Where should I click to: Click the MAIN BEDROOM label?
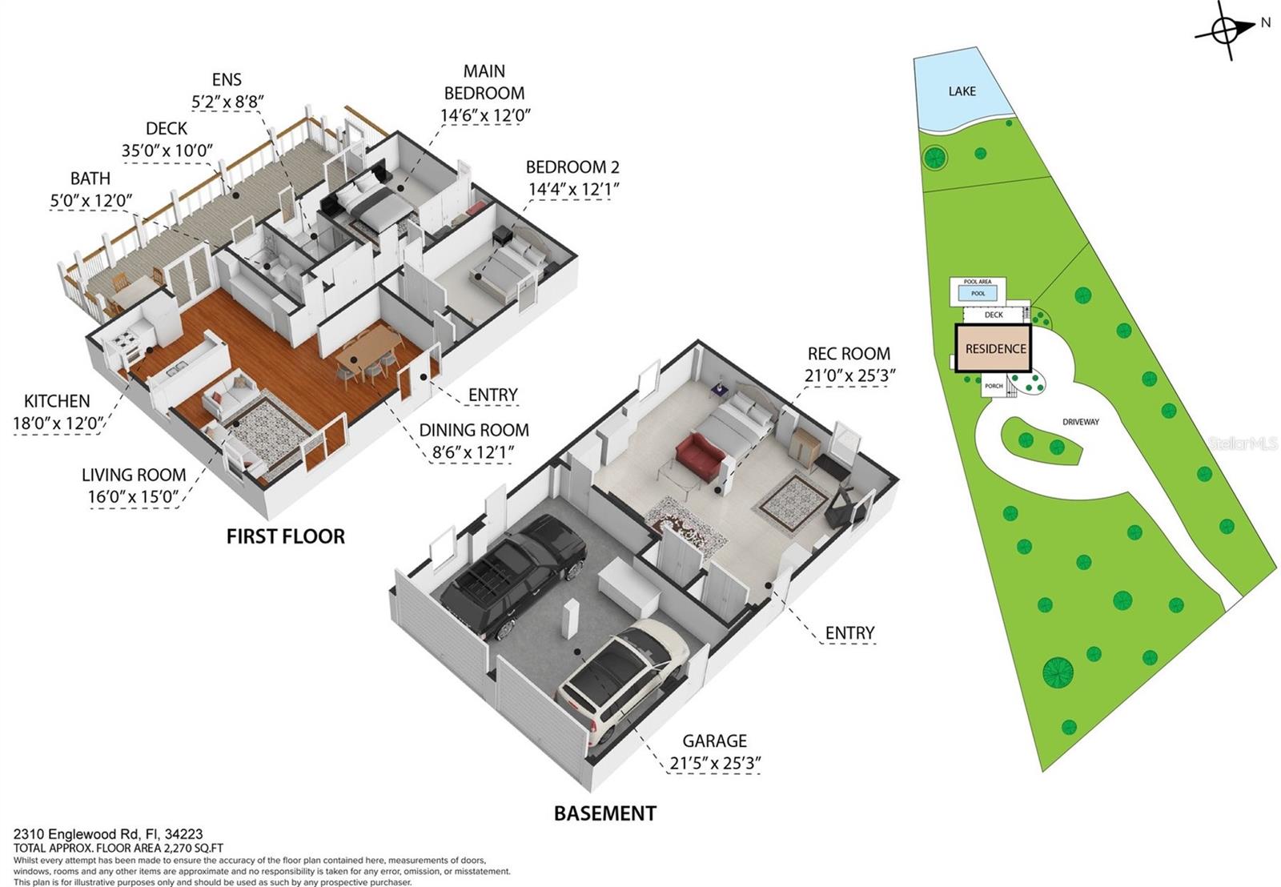point(484,82)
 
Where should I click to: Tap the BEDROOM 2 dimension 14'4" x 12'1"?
point(573,189)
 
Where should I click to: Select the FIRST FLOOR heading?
point(285,536)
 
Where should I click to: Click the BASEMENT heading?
point(604,813)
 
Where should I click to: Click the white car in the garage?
point(622,678)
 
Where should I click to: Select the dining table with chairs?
point(368,352)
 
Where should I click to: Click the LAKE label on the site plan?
point(962,91)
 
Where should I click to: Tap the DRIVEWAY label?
point(1080,422)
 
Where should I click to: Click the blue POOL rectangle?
point(978,294)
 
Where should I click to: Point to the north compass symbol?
point(1226,30)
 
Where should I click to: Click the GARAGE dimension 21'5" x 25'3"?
point(714,763)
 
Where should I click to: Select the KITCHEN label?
point(57,401)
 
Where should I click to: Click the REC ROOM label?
point(849,353)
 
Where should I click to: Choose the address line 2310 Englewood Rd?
point(108,834)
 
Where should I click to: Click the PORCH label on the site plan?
point(994,387)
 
